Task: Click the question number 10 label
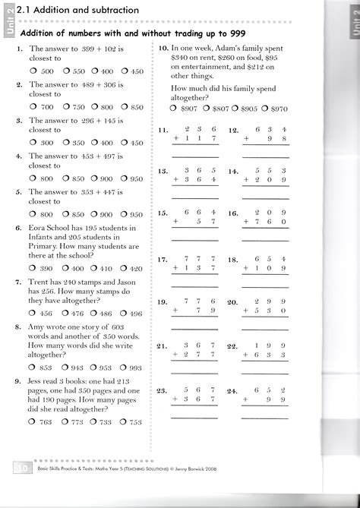[x=163, y=47]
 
